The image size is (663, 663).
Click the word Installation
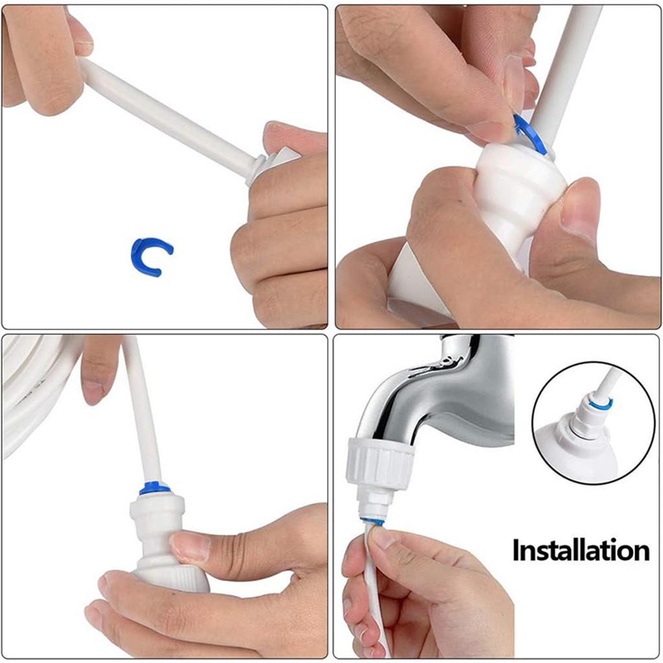pyautogui.click(x=581, y=550)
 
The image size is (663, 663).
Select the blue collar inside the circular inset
pyautogui.click(x=601, y=405)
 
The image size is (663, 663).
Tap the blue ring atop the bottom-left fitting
pyautogui.click(x=155, y=488)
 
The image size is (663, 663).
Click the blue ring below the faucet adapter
pyautogui.click(x=372, y=521)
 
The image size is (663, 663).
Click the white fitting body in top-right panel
pyautogui.click(x=511, y=194)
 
